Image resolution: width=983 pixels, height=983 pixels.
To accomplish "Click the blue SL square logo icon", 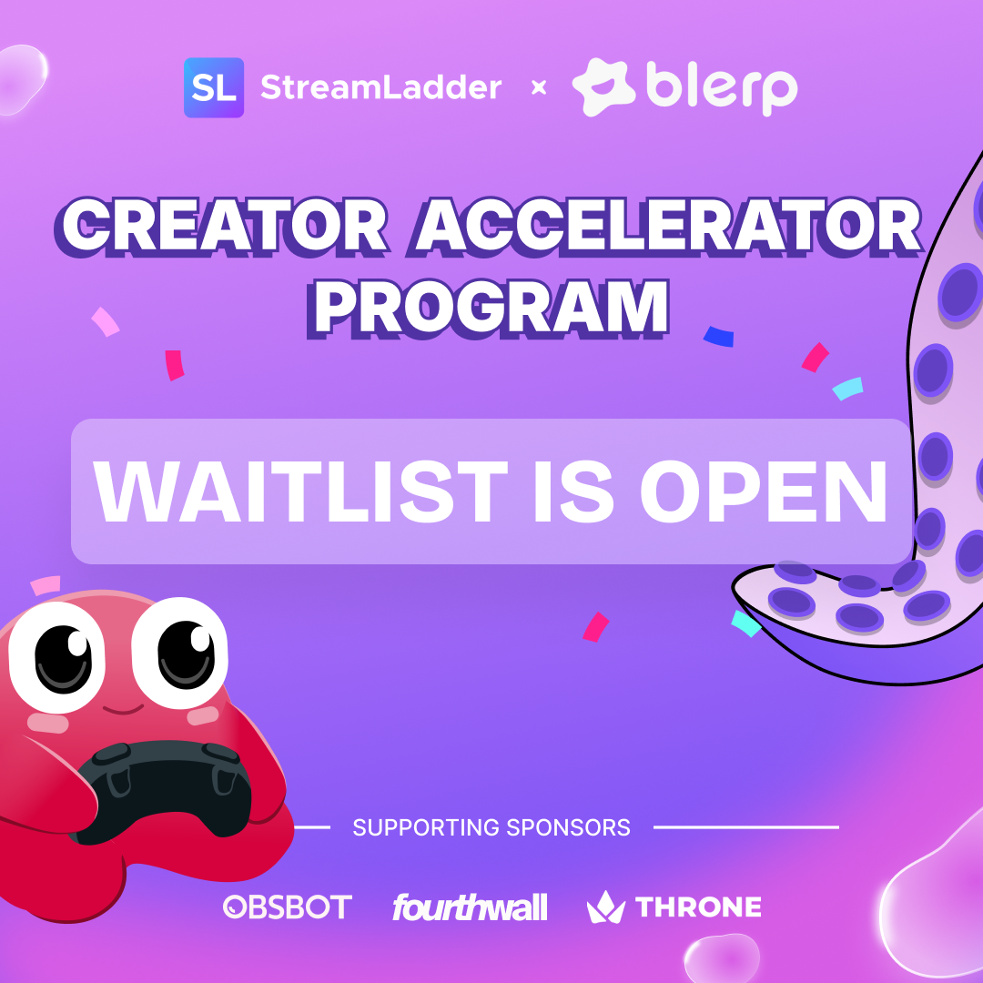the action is (x=214, y=87).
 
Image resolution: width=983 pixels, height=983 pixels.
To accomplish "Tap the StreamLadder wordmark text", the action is (x=381, y=87).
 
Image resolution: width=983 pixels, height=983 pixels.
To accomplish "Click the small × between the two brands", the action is (x=539, y=87).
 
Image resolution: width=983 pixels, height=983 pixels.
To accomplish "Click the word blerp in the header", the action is (x=722, y=87).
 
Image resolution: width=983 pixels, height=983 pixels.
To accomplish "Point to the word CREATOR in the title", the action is (x=224, y=227).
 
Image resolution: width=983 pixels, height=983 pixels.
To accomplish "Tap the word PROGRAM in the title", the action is (x=489, y=309).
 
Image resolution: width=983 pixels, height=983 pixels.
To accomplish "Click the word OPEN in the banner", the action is (x=764, y=491).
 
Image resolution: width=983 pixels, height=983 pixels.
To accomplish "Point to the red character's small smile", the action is (x=123, y=709).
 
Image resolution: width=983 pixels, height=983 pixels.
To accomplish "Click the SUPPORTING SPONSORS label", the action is (x=491, y=827).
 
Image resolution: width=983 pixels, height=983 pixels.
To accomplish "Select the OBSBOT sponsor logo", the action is (x=288, y=907).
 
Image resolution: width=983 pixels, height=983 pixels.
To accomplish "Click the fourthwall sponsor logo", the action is (x=470, y=907).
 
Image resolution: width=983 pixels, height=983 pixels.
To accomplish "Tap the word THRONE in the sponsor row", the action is (x=698, y=907).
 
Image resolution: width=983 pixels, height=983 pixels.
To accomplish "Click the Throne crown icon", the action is (x=605, y=907).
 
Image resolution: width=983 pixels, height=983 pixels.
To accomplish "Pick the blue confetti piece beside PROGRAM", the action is (x=718, y=337).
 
